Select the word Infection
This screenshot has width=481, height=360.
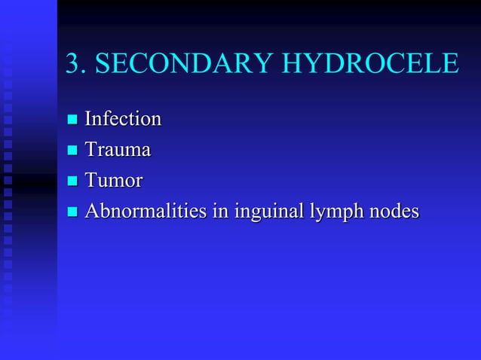click(x=123, y=119)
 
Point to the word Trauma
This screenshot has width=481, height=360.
click(x=118, y=150)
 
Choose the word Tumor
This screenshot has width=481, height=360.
click(x=114, y=181)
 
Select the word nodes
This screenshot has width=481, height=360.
click(x=393, y=212)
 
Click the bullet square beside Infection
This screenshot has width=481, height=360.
click(x=72, y=120)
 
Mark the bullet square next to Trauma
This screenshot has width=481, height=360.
click(x=72, y=151)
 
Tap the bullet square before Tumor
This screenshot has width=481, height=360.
click(x=72, y=182)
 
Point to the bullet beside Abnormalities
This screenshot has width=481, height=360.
click(x=72, y=212)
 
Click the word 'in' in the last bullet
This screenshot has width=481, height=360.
click(x=222, y=212)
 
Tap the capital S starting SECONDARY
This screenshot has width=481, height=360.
click(x=104, y=64)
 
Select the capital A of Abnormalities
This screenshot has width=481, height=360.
click(x=92, y=212)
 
